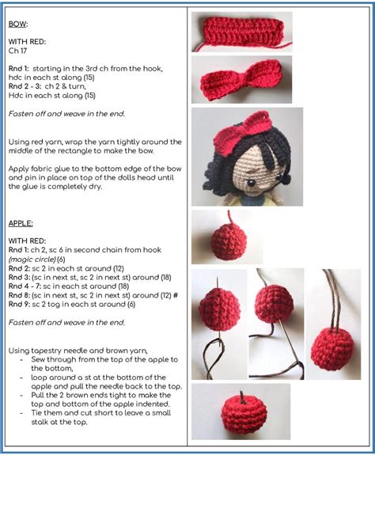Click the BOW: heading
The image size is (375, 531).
point(18,24)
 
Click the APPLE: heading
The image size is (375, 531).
point(21,224)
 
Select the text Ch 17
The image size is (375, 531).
point(18,51)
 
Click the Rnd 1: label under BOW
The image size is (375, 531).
point(21,69)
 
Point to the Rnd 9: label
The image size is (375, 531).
point(21,304)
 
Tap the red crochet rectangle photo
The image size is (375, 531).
point(241,32)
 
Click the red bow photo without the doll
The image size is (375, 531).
point(241,79)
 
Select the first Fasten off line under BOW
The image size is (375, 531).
point(66,114)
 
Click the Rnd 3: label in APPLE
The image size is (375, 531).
point(21,277)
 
